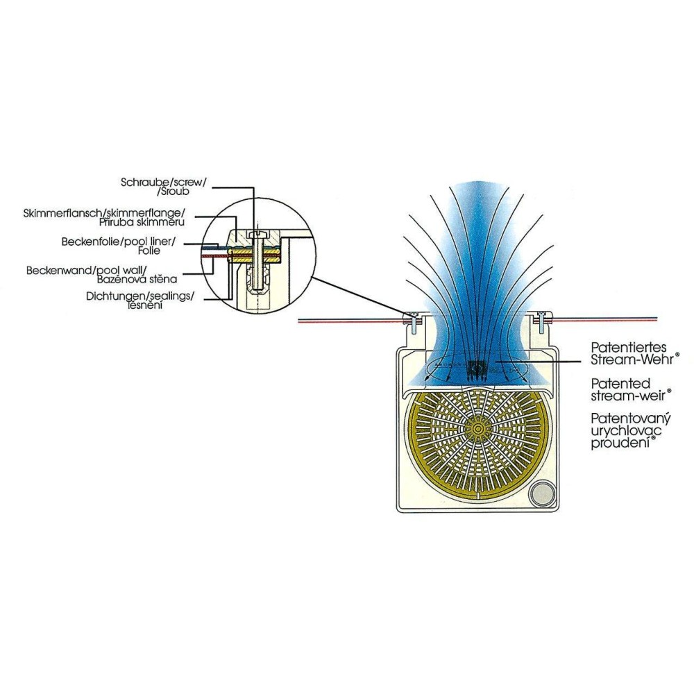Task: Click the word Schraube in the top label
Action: (142, 182)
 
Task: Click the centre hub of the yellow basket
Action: (477, 431)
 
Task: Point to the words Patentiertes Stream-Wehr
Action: (634, 353)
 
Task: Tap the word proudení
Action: (618, 443)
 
